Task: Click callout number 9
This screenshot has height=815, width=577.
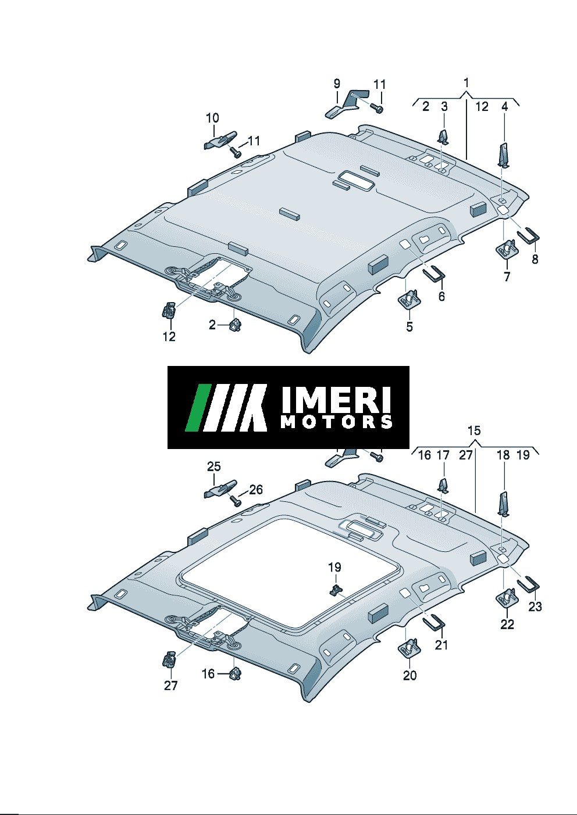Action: pyautogui.click(x=337, y=84)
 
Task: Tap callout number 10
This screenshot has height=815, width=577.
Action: pyautogui.click(x=212, y=118)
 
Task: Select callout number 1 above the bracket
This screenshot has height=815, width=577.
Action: pyautogui.click(x=466, y=82)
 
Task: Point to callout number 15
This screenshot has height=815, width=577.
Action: pyautogui.click(x=474, y=431)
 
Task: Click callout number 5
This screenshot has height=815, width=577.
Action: pyautogui.click(x=409, y=326)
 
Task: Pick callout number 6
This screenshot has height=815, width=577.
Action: pyautogui.click(x=441, y=296)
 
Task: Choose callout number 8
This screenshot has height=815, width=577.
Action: pyautogui.click(x=535, y=260)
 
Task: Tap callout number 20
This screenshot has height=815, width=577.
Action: pyautogui.click(x=410, y=676)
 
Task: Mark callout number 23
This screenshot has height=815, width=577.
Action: pyautogui.click(x=535, y=606)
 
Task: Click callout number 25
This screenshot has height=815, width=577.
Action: pyautogui.click(x=214, y=466)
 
